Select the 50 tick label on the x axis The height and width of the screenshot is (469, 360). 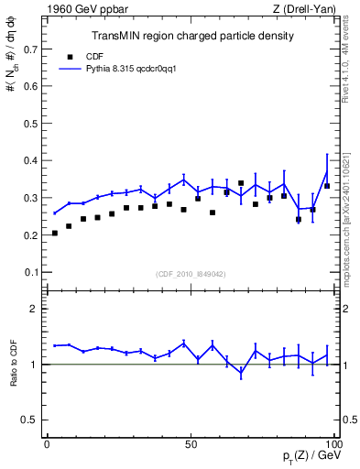click(191, 444)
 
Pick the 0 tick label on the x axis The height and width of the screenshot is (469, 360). click(48, 444)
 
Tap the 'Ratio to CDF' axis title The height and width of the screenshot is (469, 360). click(13, 378)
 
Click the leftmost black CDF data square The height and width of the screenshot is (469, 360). click(55, 233)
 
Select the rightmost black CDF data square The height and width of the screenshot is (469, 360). click(327, 186)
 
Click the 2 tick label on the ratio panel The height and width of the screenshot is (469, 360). click(33, 309)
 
